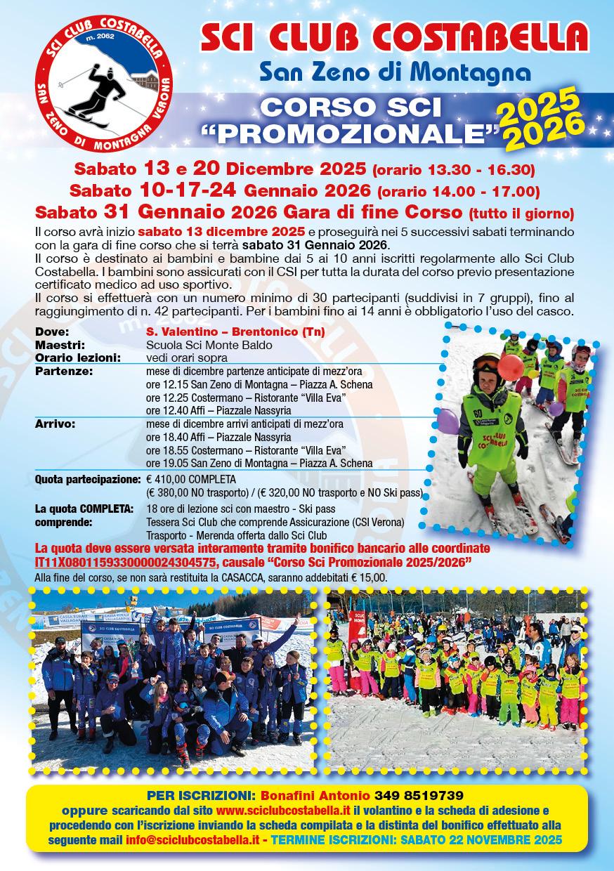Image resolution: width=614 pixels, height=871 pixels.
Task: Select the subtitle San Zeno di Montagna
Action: coord(394,71)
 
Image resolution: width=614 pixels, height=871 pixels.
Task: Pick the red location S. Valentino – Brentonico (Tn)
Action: coord(235,332)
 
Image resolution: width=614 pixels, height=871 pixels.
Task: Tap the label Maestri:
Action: coord(60,345)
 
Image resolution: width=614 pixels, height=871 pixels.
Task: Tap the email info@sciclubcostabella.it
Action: coord(200,840)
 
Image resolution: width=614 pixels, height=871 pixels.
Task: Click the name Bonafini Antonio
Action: coord(315,796)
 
